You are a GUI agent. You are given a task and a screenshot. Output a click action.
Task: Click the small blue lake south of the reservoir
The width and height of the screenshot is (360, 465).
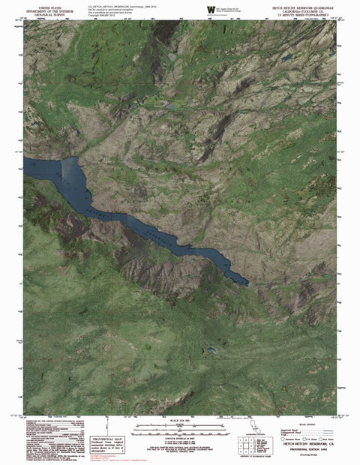click(212, 350)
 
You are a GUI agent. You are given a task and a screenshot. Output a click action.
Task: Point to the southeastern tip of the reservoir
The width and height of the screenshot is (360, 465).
click(247, 283)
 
